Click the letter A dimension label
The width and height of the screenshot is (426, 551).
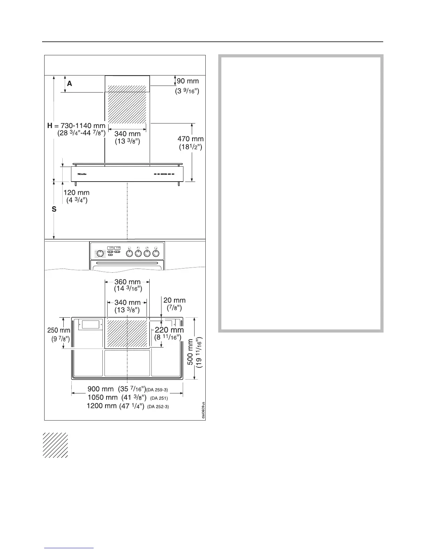tap(70, 83)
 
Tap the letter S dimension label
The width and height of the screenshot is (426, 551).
tap(54, 209)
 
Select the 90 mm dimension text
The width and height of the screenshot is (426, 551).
tap(188, 81)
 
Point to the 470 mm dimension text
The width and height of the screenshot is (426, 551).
tap(190, 139)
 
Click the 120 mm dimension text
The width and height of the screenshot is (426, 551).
tap(76, 192)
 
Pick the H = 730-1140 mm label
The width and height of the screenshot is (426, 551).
tap(76, 126)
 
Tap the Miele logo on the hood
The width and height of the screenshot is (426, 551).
tap(82, 174)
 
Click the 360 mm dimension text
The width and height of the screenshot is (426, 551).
tap(127, 282)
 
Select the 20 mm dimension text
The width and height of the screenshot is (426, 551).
tap(174, 300)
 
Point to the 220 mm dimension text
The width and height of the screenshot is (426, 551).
tap(169, 330)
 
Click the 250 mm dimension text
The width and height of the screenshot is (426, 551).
tap(58, 330)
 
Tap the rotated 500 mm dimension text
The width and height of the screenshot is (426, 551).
tap(190, 352)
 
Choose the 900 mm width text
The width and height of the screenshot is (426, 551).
tap(101, 389)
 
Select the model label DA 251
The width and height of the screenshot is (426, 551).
tap(159, 398)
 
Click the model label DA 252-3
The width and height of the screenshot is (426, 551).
tap(158, 407)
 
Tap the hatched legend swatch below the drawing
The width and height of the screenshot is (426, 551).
tap(55, 445)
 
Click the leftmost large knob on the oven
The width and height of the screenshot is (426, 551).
tap(100, 253)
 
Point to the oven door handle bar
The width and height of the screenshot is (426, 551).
tap(127, 263)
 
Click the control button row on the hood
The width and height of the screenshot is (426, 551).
tap(164, 174)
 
